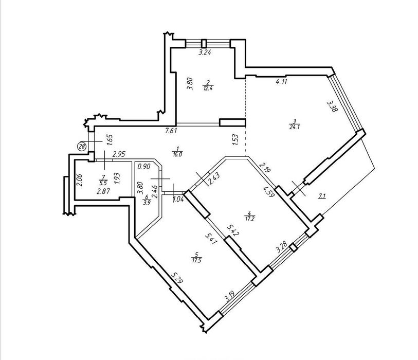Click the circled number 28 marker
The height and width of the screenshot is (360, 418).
point(82,147)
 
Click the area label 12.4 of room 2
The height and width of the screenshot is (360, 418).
point(208,88)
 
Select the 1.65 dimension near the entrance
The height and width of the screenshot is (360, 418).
point(109,139)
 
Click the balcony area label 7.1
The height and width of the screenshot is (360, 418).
point(322,196)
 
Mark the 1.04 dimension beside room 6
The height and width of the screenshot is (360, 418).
point(178,199)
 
